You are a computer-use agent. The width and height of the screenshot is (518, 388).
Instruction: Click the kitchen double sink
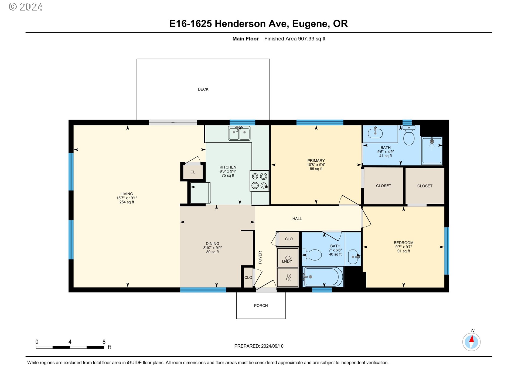[239, 133]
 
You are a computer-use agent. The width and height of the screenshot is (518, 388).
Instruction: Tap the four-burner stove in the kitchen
[259, 181]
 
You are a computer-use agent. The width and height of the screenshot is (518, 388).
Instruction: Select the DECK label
[203, 89]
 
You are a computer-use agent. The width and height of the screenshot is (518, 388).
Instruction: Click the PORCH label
[261, 306]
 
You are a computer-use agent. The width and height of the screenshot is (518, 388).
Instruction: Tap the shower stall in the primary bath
[432, 150]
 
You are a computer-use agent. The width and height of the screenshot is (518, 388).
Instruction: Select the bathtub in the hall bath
[323, 277]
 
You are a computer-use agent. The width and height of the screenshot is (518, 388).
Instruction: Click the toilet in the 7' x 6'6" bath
[312, 255]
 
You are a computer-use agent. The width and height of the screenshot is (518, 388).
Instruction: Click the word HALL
[297, 219]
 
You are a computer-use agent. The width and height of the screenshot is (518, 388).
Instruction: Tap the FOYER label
[260, 257]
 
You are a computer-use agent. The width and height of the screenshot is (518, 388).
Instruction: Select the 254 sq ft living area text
[127, 202]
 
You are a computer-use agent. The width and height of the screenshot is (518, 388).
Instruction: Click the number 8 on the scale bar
[104, 342]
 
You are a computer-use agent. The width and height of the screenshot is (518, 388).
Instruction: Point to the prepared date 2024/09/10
[272, 346]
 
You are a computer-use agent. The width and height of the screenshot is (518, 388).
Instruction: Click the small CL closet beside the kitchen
[193, 172]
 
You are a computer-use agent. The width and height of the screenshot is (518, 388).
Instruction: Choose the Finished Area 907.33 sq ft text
[295, 39]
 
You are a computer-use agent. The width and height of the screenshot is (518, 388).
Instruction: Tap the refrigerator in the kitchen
[200, 193]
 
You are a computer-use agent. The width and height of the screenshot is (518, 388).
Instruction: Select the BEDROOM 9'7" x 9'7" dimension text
[404, 247]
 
